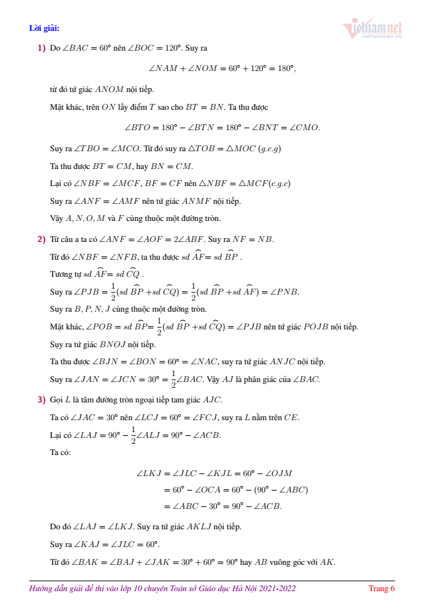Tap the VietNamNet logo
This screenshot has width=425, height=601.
pos(372,30)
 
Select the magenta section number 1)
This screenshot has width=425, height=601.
pos(41,48)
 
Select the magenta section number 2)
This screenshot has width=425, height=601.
pos(41,239)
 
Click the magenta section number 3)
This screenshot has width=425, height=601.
pos(41,400)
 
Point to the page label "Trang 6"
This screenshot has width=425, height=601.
pos(382,589)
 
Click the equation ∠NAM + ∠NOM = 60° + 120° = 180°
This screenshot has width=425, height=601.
pos(222,68)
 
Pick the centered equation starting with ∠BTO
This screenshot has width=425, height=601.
pos(222,127)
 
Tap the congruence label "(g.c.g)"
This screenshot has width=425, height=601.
pos(270,149)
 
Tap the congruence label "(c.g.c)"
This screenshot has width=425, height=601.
pos(276,183)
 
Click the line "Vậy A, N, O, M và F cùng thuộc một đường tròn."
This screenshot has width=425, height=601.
pos(135,218)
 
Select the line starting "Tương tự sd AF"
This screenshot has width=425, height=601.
pos(97,274)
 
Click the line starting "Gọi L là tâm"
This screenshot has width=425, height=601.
pos(136,400)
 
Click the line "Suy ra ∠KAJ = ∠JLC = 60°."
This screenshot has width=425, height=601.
pos(105,544)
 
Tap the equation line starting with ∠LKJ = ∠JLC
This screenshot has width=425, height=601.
pos(214,473)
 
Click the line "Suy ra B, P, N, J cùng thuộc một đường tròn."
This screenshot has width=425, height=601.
pos(128,308)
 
